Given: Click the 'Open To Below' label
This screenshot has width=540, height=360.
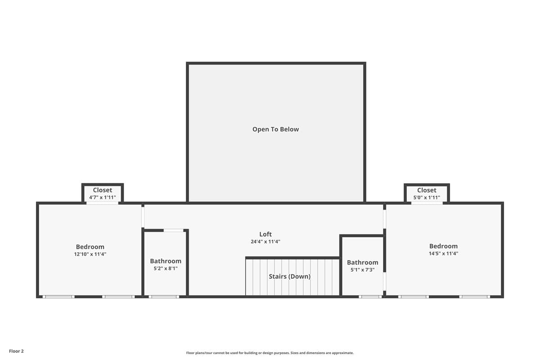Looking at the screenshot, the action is [275, 130].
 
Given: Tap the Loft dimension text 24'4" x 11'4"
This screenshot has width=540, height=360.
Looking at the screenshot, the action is [265, 242].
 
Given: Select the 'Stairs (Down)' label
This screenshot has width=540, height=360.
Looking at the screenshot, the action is [289, 277].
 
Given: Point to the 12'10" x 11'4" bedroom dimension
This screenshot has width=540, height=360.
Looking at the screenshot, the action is [90, 254].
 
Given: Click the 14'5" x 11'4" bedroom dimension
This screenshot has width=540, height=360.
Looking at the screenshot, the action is [443, 253].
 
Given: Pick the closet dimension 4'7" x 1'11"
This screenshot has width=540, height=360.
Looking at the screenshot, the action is [103, 198].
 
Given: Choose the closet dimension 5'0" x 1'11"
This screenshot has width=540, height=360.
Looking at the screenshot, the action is [427, 198].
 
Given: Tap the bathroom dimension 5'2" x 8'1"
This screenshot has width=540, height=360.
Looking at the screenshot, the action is [166, 268].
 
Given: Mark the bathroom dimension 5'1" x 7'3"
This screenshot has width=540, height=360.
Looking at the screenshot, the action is [363, 270].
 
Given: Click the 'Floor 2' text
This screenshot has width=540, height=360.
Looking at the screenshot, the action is [16, 351].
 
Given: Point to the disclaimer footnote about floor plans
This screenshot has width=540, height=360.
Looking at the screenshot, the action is [270, 353].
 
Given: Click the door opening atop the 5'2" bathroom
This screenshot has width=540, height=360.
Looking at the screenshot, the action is [174, 230].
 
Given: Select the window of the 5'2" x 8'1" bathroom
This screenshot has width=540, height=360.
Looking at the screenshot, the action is [164, 297].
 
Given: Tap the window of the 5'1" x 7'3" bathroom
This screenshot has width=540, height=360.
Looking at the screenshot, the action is [370, 297].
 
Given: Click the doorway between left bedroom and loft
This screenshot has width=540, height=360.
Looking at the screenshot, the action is [143, 217].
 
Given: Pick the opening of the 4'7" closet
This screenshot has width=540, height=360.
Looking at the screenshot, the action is [102, 203].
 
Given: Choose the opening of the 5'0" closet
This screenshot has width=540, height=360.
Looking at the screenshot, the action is [427, 203].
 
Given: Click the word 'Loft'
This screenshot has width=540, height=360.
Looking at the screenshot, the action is [265, 234].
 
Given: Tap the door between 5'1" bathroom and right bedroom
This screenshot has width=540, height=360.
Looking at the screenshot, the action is [384, 281].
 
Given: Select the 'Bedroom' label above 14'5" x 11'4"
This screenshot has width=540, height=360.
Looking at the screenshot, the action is [443, 246].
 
